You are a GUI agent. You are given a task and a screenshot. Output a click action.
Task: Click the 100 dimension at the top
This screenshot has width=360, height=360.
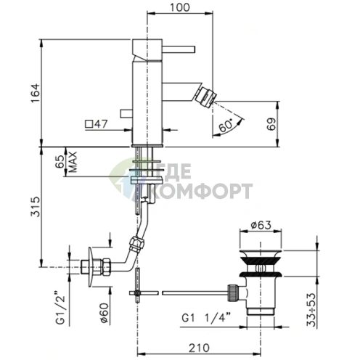click(x=180, y=7)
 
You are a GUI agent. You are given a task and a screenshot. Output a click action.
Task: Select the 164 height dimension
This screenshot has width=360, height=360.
click(x=36, y=93)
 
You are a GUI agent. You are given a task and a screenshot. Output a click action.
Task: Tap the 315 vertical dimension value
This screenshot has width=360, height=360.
click(x=36, y=206)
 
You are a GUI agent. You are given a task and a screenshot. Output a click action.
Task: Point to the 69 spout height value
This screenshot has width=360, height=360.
click(x=271, y=124)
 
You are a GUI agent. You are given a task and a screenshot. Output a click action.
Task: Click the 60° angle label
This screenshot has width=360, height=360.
click(x=226, y=125)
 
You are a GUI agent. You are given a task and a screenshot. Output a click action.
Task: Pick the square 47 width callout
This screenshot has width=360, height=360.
click(x=96, y=124)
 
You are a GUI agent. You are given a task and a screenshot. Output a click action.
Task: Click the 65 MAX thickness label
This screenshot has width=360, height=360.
click(x=66, y=162)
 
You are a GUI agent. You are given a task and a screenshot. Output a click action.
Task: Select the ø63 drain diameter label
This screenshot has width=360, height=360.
click(x=261, y=225)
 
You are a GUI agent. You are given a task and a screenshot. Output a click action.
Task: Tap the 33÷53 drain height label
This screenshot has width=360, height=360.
click(x=311, y=310)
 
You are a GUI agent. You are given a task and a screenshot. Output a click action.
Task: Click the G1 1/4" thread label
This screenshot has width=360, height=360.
click(x=206, y=318)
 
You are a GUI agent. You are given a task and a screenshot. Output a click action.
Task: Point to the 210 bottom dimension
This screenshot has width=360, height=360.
click(x=199, y=348)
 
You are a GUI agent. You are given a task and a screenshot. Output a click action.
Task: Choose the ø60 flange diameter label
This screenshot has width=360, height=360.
click(x=105, y=313)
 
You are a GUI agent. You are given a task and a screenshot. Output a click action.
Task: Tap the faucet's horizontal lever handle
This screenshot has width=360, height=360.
click(x=179, y=49)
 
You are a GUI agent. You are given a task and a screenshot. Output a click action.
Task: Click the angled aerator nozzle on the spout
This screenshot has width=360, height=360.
click(x=205, y=97)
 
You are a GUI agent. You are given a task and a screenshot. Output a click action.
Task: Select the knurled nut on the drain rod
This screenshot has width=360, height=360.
click(x=233, y=293)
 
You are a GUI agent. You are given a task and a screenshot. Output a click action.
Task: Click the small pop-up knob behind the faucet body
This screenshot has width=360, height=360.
click(x=126, y=114)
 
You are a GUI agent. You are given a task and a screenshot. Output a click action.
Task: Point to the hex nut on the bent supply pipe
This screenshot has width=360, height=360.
click(x=136, y=244)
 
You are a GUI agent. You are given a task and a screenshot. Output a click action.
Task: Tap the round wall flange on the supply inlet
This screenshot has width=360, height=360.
click(x=91, y=267)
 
